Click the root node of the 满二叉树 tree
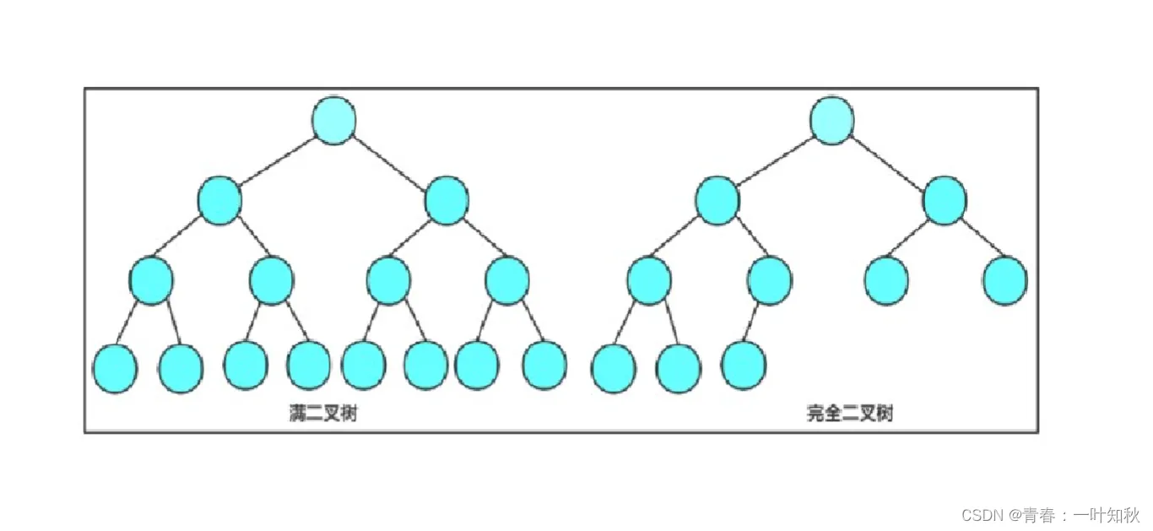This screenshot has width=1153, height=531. [x=333, y=119]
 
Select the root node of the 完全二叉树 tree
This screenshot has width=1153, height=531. [x=832, y=119]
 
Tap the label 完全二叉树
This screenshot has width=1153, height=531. [x=849, y=414]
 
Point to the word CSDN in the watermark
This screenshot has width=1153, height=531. [x=979, y=514]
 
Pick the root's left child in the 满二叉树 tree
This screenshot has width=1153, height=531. [x=220, y=200]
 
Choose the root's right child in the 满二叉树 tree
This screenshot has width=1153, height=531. [x=447, y=200]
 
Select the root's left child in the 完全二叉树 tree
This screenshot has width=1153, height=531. [x=717, y=200]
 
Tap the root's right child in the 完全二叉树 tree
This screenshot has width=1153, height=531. [x=945, y=200]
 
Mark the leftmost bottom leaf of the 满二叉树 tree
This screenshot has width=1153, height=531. [x=115, y=368]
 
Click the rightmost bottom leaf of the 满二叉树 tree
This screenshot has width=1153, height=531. [x=544, y=365]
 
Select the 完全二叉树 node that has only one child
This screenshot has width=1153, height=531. [x=769, y=280]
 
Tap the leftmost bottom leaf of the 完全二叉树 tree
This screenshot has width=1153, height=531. [x=614, y=368]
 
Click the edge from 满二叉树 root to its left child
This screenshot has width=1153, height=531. [x=276, y=160]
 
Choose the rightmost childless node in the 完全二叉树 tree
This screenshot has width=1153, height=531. [x=1005, y=280]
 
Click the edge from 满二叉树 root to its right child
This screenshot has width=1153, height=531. [x=390, y=160]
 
